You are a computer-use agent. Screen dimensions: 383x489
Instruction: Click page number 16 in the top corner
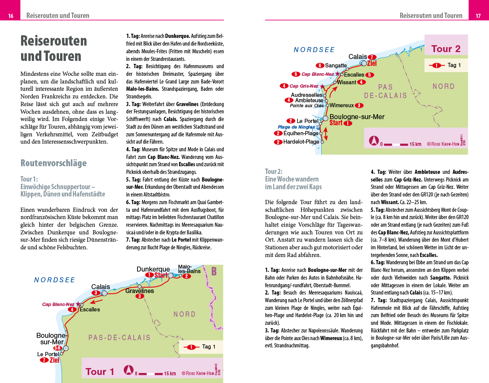coord(11,16)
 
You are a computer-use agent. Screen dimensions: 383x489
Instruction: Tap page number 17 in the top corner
coord(478,16)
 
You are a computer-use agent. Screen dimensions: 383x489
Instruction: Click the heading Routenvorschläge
coord(54,163)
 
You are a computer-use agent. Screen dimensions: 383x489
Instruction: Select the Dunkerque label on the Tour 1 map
coord(153,269)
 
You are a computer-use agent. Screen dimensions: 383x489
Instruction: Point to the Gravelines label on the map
coord(139,291)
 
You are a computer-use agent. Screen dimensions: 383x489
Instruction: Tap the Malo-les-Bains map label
coord(189,269)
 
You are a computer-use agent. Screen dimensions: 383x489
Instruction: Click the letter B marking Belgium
coord(214,271)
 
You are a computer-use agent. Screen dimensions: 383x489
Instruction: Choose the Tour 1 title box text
coord(100,372)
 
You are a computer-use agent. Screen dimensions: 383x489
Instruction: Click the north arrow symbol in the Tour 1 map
coord(129,370)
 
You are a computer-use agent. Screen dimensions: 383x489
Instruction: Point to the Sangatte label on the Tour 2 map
coord(336,65)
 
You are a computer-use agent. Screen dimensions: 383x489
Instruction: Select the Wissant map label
coord(347,82)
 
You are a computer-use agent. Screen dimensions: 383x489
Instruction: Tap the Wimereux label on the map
coord(342,105)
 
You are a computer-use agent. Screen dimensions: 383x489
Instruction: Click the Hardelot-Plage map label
coord(301,142)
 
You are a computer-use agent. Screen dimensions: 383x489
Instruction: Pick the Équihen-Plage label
coord(301,133)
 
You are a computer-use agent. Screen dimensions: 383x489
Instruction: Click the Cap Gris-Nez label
coord(304,86)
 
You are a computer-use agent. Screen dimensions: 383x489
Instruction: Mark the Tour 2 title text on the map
coord(446,49)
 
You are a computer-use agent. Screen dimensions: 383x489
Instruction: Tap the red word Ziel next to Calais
coord(372,64)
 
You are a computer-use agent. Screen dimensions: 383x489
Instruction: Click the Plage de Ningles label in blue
coord(296,127)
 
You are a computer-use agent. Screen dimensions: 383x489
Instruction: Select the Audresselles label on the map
coord(307,95)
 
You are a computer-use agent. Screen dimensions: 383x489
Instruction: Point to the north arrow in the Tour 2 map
coord(374,141)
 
